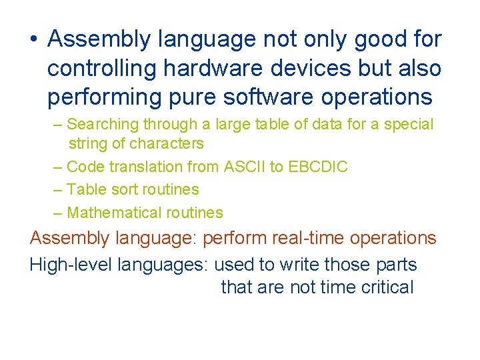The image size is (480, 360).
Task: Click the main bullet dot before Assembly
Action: pos(33,40)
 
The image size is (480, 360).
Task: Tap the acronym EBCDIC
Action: pos(318,167)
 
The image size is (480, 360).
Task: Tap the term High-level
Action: pos(71,265)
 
